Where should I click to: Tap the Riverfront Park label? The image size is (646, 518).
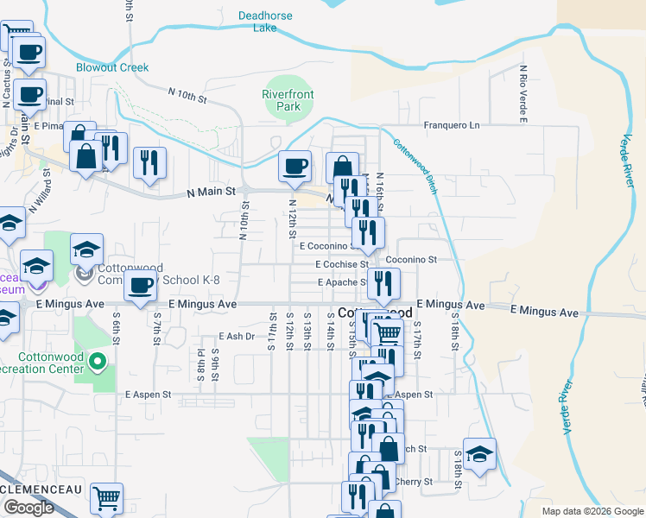point(288,100)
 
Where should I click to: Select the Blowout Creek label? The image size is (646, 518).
point(112,67)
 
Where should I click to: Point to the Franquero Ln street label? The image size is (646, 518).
point(451,125)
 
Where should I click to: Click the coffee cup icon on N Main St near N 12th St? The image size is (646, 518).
point(295,165)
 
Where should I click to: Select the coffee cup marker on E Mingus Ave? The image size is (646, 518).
point(140,286)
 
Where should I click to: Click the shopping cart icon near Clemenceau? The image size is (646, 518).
point(106,497)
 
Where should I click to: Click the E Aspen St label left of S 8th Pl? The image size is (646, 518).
point(149,395)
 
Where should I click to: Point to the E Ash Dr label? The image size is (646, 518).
point(238,337)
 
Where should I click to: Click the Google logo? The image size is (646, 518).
point(28,508)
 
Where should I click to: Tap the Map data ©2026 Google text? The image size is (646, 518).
point(592,511)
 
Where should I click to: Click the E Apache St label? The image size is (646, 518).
point(343,282)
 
